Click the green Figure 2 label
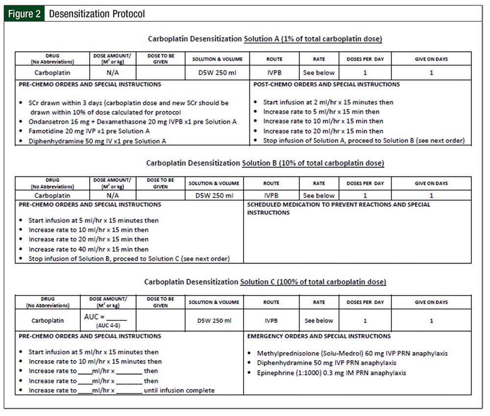[24, 13]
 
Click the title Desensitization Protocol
[97, 13]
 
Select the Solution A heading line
[265, 39]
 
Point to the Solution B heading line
[265, 163]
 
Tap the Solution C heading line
[265, 282]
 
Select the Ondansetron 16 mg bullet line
[132, 122]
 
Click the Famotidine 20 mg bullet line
[89, 131]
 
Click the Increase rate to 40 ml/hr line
[88, 249]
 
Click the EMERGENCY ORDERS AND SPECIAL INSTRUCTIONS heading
[319, 336]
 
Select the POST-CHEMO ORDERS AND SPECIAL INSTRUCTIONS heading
[326, 84]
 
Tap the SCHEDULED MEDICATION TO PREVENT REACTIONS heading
[339, 204]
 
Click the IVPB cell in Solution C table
[271, 321]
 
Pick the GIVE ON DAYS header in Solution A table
[431, 59]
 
